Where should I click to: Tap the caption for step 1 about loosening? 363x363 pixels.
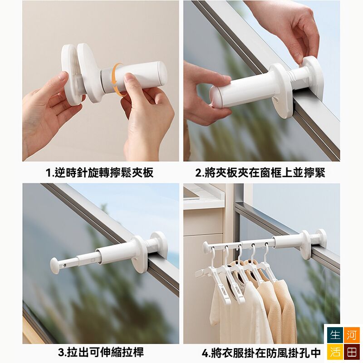click(100, 173)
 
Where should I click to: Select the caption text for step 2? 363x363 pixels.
click(260, 173)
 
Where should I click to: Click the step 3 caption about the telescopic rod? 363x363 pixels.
click(101, 352)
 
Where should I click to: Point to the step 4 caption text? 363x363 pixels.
click(261, 353)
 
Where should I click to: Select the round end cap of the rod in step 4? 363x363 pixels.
click(206, 248)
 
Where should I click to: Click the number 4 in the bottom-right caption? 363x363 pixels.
click(205, 353)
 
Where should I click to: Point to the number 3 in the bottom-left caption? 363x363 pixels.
click(61, 353)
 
